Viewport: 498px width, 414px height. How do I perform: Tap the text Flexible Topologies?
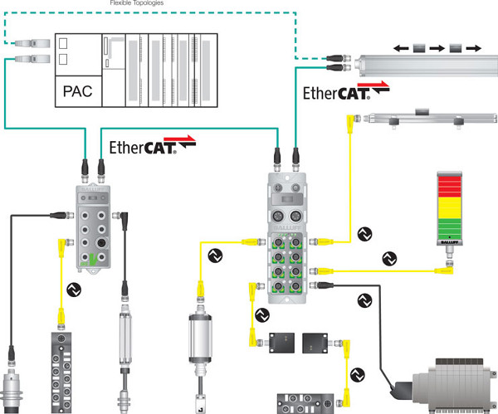pos(135,3)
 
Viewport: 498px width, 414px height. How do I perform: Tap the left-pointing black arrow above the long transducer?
pos(401,49)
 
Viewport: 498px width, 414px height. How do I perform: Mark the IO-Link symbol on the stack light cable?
pos(388,258)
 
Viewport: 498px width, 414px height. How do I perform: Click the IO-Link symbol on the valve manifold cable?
pos(363,300)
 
